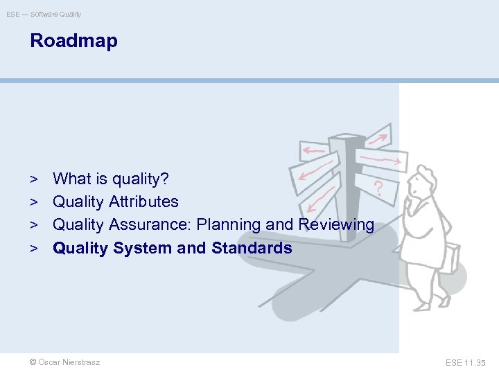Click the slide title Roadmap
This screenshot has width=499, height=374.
coord(73,41)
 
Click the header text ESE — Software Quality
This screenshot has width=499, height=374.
coord(44,14)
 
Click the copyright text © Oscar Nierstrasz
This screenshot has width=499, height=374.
coord(65,362)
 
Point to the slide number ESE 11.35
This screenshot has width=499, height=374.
coord(466,362)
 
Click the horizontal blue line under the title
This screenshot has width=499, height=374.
coord(249,80)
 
